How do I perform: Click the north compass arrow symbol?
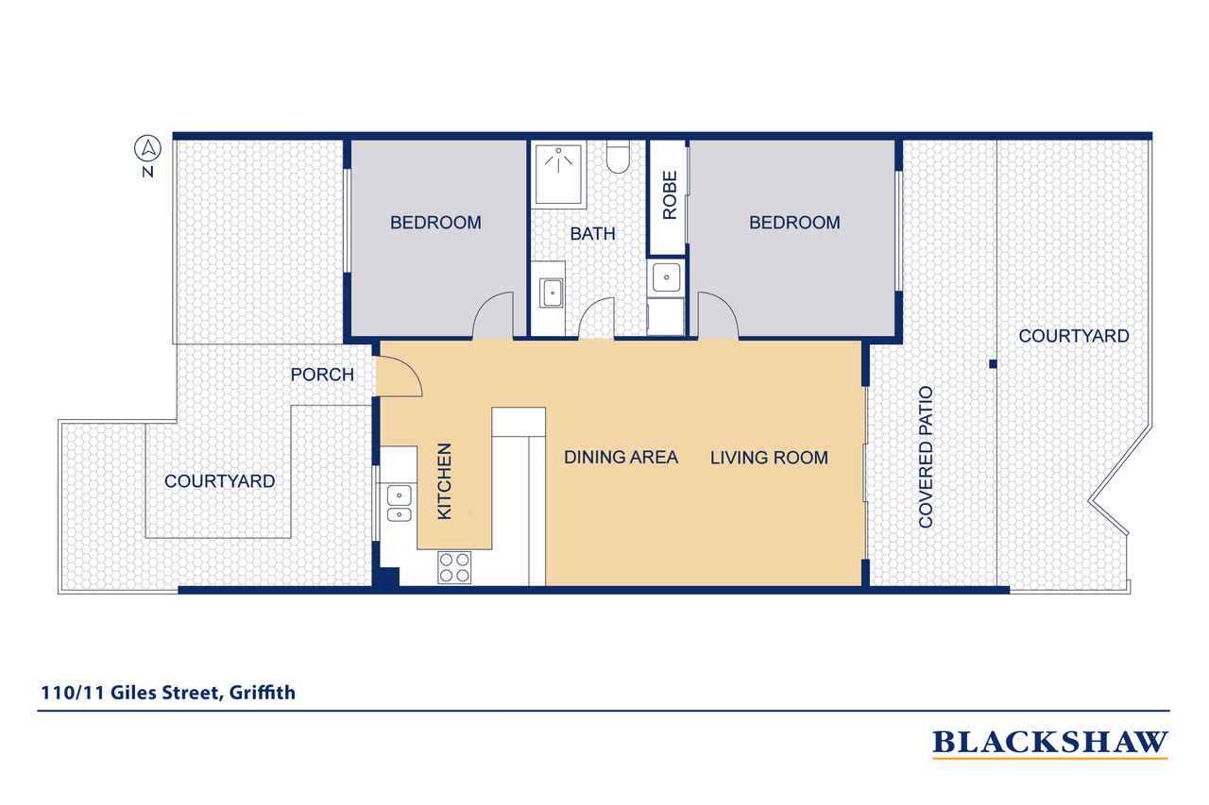point(147,148)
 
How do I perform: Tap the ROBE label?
point(670,195)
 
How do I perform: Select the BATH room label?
point(592,233)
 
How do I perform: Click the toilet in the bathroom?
point(618,157)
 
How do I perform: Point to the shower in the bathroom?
point(558,175)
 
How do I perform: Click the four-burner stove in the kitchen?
point(454,568)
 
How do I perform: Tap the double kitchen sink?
point(399,504)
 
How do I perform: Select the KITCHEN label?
point(444,481)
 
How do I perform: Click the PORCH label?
point(322,375)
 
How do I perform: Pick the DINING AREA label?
point(621,457)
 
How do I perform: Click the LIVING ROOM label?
point(769,458)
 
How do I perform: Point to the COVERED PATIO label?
point(926,457)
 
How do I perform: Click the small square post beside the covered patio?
point(993,364)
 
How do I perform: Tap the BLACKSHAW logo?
point(1049,744)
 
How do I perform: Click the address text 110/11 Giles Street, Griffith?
point(168,693)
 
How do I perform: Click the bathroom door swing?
point(596,318)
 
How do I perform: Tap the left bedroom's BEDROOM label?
point(435,223)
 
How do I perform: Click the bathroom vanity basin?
point(552,293)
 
